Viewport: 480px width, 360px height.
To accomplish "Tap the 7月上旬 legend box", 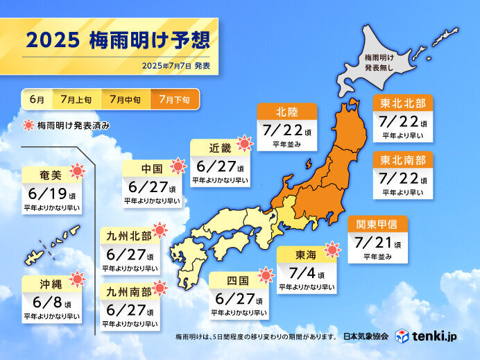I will (x=76, y=99).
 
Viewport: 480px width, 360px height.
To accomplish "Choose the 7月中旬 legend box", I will (x=125, y=99).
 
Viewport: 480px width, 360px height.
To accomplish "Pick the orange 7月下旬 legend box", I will (x=174, y=99).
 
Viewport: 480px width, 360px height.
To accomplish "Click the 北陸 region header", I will (x=287, y=112).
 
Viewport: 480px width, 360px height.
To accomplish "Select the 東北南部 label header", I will (x=403, y=160).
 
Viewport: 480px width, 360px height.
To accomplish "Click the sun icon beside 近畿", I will (x=244, y=145).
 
